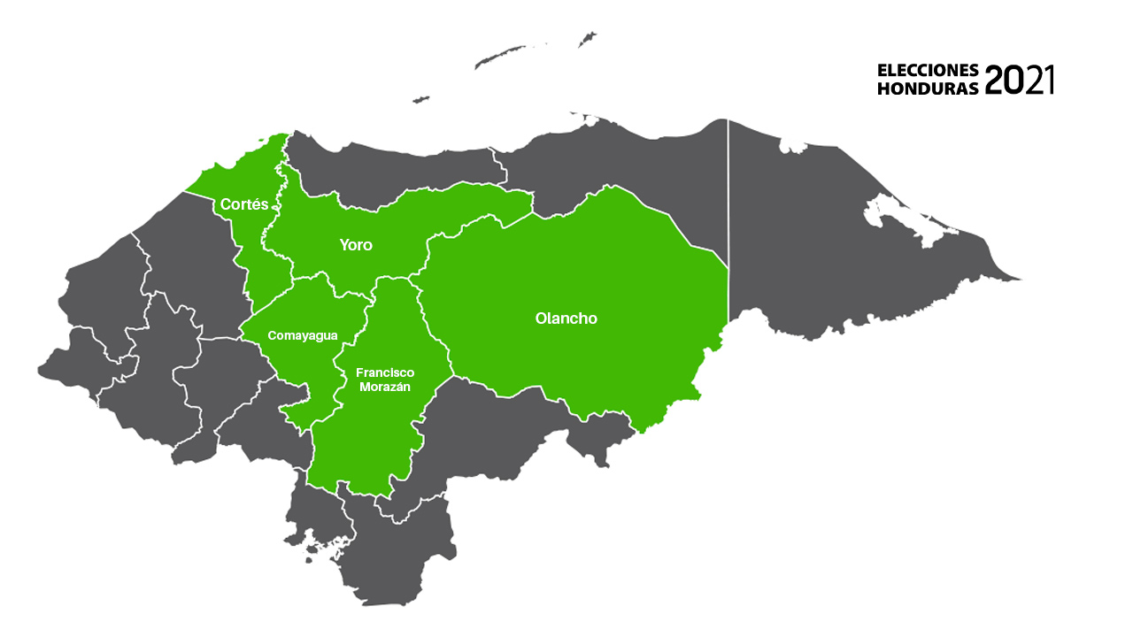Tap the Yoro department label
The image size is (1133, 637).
point(356,245)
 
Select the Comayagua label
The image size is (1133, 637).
point(303,335)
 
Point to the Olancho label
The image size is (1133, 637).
point(566,318)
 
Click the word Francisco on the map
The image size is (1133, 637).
point(384,372)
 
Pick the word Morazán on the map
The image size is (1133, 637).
point(384,388)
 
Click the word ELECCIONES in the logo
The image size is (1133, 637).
point(928,70)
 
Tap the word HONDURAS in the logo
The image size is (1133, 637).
point(928,88)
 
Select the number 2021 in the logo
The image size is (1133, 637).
point(1019,80)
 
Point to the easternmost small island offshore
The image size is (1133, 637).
point(587,38)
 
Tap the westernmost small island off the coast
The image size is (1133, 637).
point(420,99)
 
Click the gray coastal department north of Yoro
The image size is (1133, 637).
point(398,168)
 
